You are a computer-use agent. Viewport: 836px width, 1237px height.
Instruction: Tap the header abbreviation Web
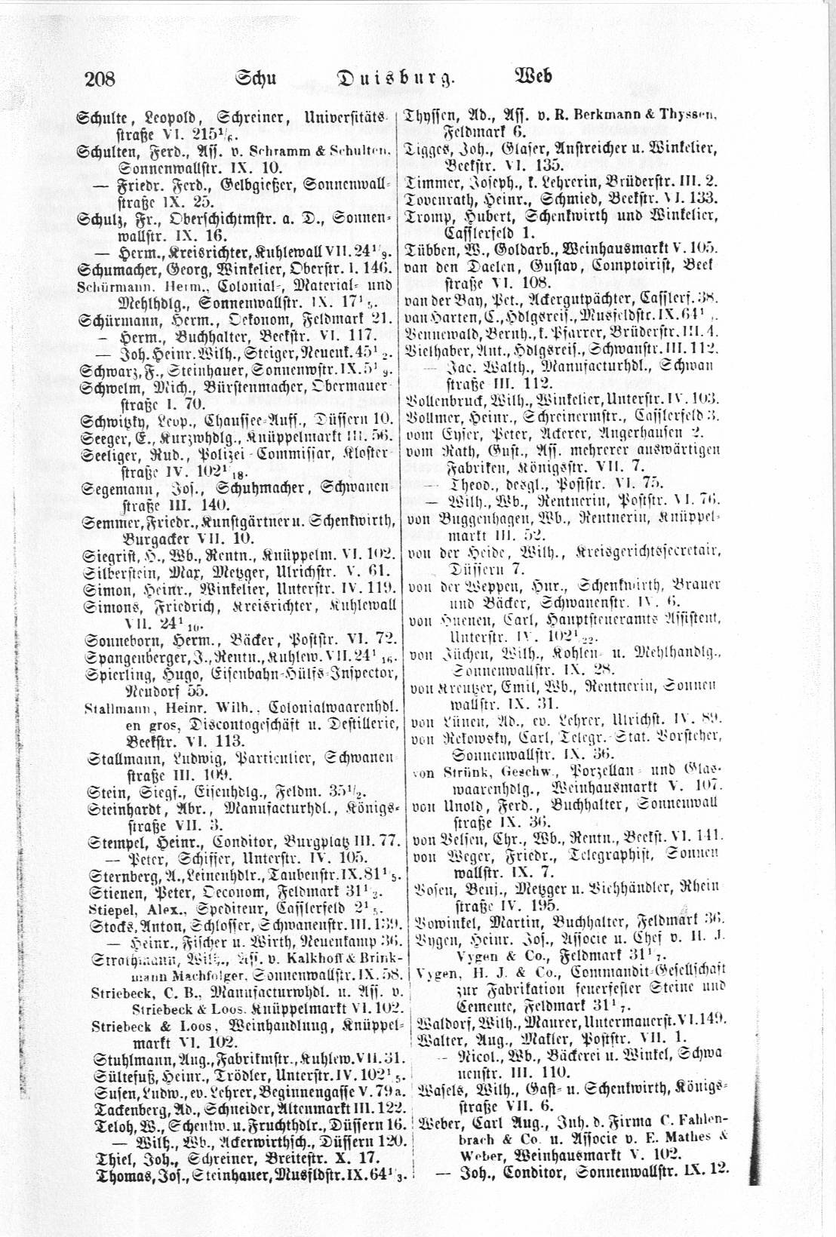coord(533,76)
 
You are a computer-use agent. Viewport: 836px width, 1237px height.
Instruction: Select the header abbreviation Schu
coord(258,77)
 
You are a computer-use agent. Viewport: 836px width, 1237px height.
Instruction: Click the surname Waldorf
coord(437,1018)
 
